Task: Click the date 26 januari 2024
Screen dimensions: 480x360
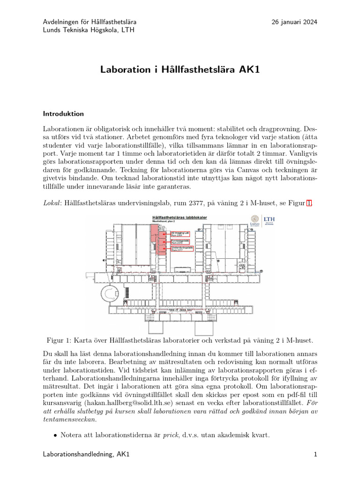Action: (x=294, y=22)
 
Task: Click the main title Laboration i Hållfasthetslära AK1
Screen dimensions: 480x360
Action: (x=180, y=70)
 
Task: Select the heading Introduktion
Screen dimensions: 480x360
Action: (x=63, y=113)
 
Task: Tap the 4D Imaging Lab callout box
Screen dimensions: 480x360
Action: (x=180, y=233)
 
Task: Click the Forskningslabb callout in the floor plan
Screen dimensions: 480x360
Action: (x=180, y=241)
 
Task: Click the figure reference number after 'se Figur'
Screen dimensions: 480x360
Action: (x=308, y=203)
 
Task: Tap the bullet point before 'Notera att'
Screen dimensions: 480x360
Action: (x=55, y=435)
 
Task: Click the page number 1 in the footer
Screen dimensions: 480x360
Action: (x=315, y=454)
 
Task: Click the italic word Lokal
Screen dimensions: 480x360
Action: (x=52, y=203)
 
